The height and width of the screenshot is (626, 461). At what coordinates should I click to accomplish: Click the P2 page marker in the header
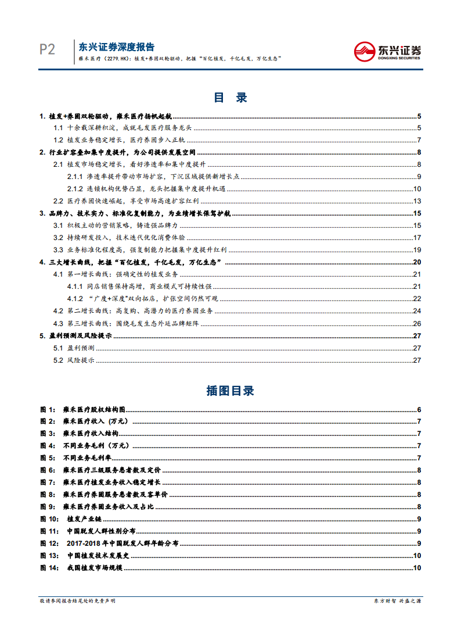coord(47,50)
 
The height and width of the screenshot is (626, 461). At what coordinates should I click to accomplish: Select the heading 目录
coord(230,98)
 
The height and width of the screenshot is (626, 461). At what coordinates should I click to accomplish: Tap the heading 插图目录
coord(230,391)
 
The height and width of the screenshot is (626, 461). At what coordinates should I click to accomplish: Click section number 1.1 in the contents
coord(58,128)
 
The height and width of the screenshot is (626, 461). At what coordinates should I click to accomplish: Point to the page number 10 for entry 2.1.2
coord(417,189)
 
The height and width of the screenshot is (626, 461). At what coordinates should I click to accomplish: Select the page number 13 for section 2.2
coord(417,201)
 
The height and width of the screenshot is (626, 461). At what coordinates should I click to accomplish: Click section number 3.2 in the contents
coord(58,238)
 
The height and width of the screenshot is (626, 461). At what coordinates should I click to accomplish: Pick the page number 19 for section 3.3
coord(417,250)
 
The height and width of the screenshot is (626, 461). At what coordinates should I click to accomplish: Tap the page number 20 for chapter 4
coord(417,262)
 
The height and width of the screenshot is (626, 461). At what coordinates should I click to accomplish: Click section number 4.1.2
coord(75,299)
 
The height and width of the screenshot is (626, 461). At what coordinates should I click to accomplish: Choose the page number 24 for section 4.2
coord(417,311)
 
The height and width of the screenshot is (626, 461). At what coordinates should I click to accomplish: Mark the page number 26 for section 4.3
coord(417,323)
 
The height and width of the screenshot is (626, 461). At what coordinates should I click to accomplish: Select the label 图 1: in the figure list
coord(48,409)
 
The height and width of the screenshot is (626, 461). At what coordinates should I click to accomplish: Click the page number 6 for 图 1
coord(419,409)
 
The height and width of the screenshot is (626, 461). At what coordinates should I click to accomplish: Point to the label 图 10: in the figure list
coord(49,518)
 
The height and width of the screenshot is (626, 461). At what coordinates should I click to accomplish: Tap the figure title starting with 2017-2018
coord(123,543)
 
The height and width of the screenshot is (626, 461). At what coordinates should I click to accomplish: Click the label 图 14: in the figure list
coord(49,567)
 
